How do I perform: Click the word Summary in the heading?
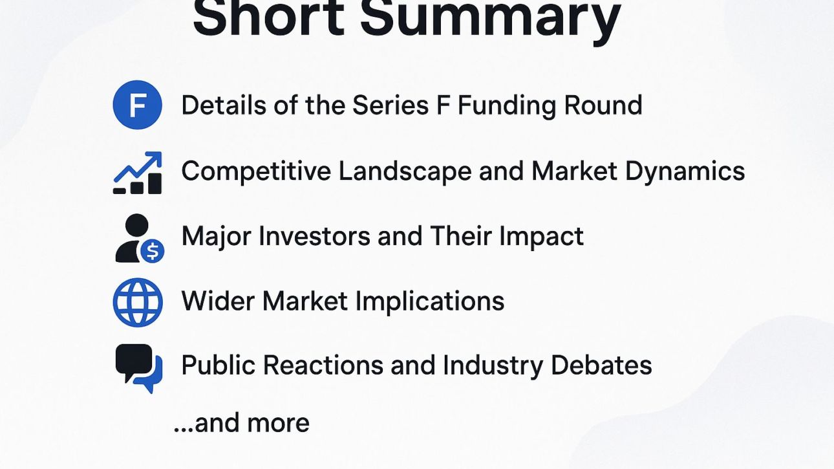pyautogui.click(x=490, y=19)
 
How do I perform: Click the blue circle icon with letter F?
pyautogui.click(x=137, y=105)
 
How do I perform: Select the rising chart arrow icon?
pyautogui.click(x=137, y=173)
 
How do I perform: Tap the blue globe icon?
pyautogui.click(x=137, y=302)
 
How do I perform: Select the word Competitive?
pyautogui.click(x=256, y=171)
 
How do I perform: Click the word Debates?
pyautogui.click(x=601, y=365)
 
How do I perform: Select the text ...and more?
pyautogui.click(x=241, y=423)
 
